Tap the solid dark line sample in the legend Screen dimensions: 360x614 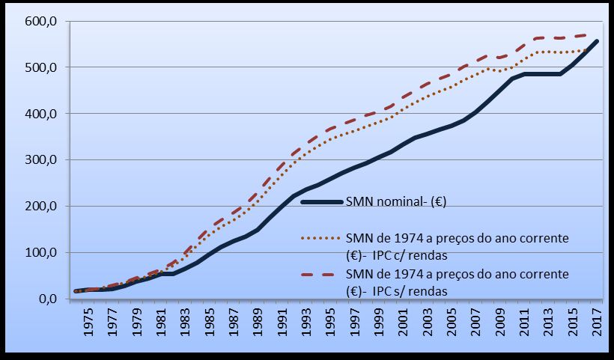tap(320, 202)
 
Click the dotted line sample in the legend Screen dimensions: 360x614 tap(320, 237)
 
